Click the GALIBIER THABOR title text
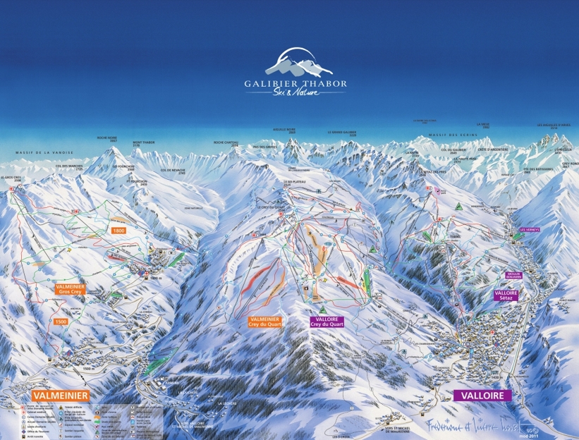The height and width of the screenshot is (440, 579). pyautogui.click(x=295, y=83)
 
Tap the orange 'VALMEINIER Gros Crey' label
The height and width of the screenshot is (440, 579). pyautogui.click(x=71, y=288)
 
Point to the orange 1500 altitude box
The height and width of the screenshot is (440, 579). pyautogui.click(x=62, y=322)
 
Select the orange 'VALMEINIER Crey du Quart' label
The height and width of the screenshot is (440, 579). pyautogui.click(x=264, y=322)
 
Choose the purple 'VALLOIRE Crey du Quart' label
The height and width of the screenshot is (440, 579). pyautogui.click(x=325, y=322)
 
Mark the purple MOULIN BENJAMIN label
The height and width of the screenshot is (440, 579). pyautogui.click(x=516, y=275)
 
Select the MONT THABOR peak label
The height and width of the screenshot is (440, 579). pyautogui.click(x=142, y=143)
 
